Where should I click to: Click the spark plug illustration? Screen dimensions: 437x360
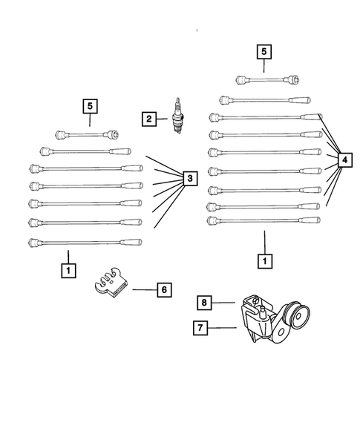coord(177,118)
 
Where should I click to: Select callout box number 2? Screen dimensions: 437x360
coord(150,118)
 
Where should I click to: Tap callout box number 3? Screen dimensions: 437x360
coord(189,178)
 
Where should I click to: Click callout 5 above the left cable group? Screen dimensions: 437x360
coord(90,107)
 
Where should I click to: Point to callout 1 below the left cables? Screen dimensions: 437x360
coord(68,271)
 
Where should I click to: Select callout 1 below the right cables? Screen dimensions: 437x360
coord(264,261)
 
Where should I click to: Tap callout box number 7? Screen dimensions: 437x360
coord(200,326)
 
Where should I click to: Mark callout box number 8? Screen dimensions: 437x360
coord(206,302)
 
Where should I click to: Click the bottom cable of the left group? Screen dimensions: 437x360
coord(85,242)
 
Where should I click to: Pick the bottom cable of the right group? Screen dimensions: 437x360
coord(264,220)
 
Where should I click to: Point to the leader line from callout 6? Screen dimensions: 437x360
coord(143,290)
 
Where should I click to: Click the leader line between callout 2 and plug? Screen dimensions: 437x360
coord(163,119)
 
